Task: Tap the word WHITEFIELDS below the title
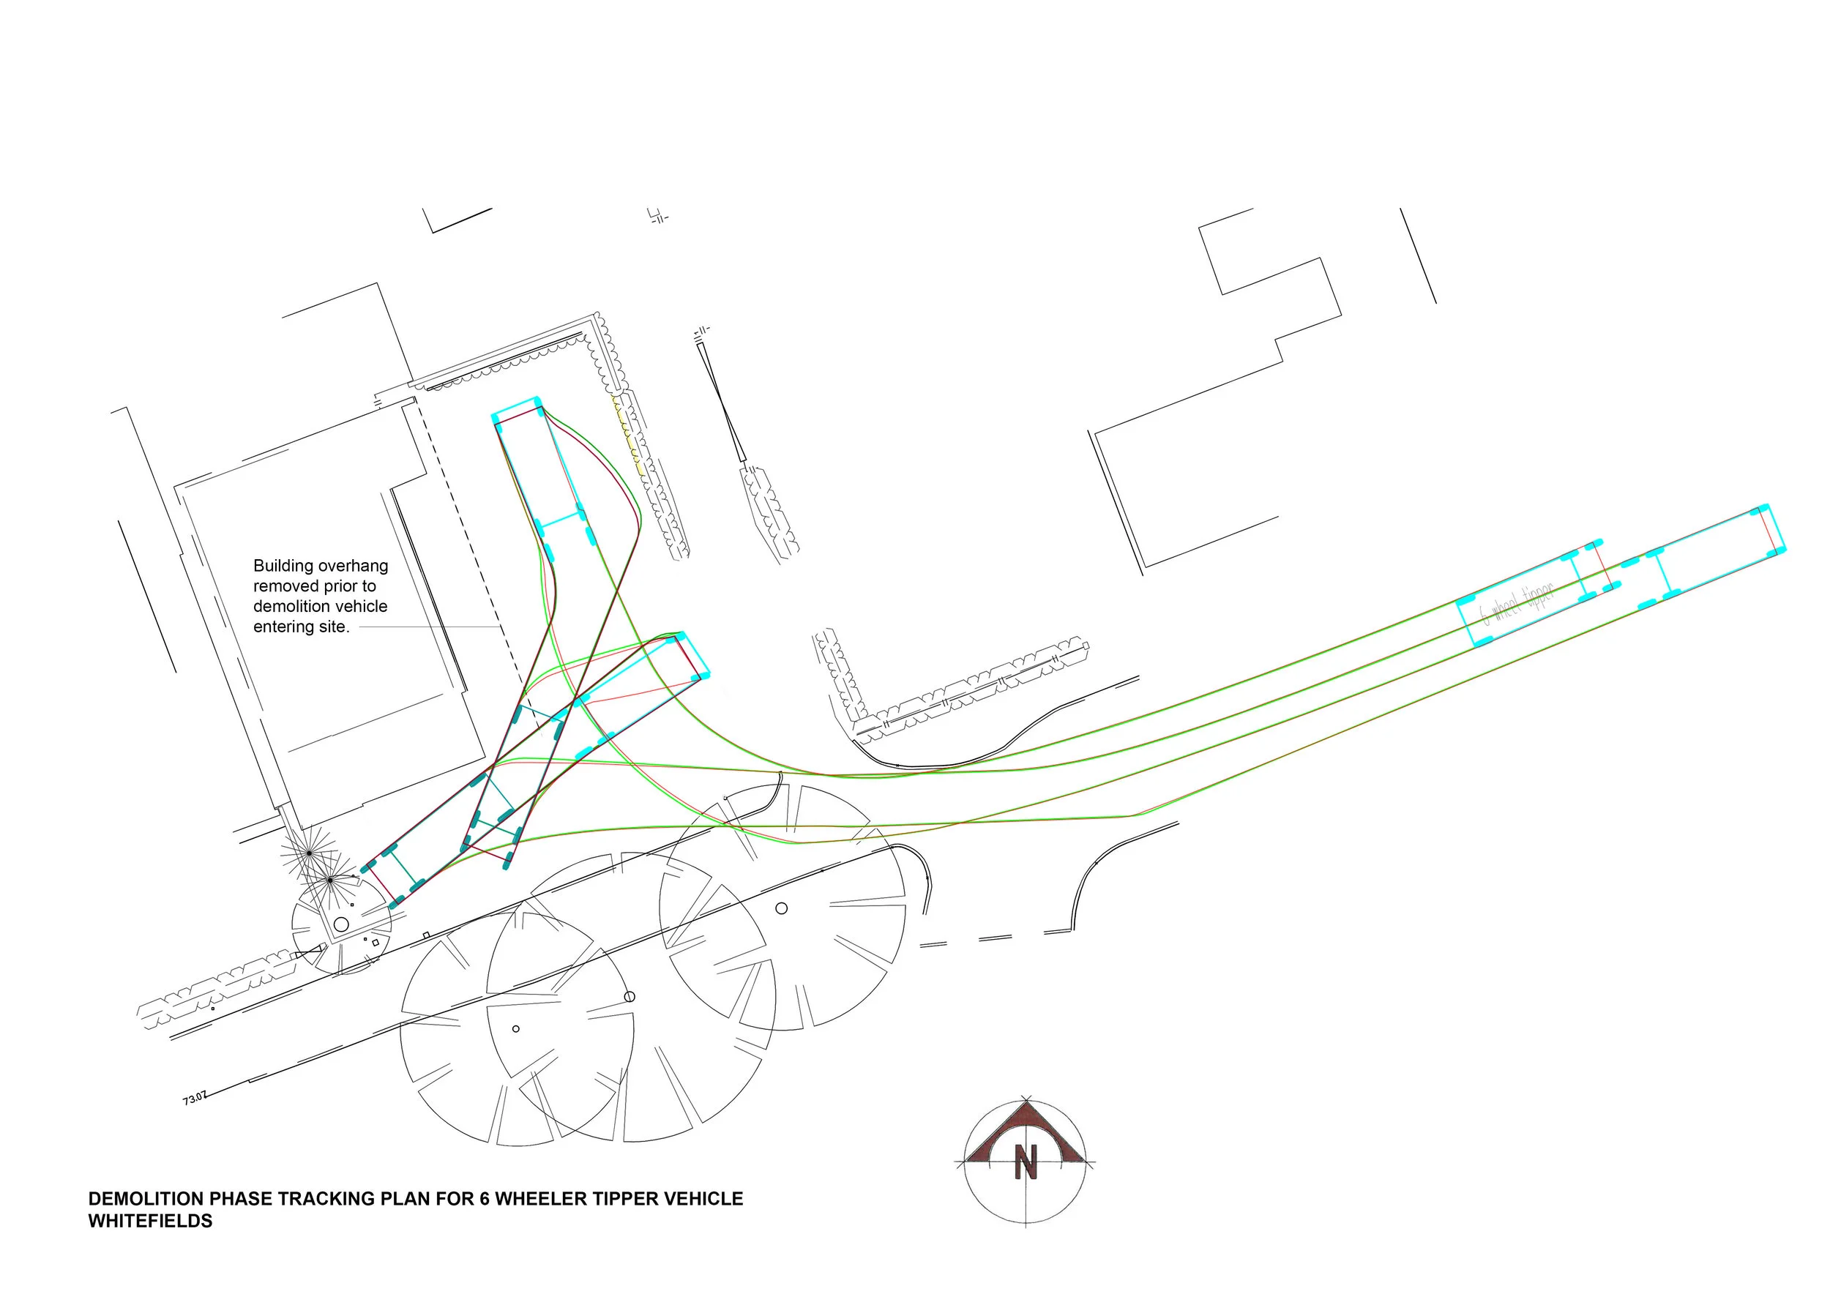150,1222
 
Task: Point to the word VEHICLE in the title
703,1199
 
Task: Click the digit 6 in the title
484,1199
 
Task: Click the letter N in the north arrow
1026,1162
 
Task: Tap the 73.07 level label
195,1099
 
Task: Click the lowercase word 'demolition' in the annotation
292,606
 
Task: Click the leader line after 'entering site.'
430,628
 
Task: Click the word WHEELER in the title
531,1199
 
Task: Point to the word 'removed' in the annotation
281,586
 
